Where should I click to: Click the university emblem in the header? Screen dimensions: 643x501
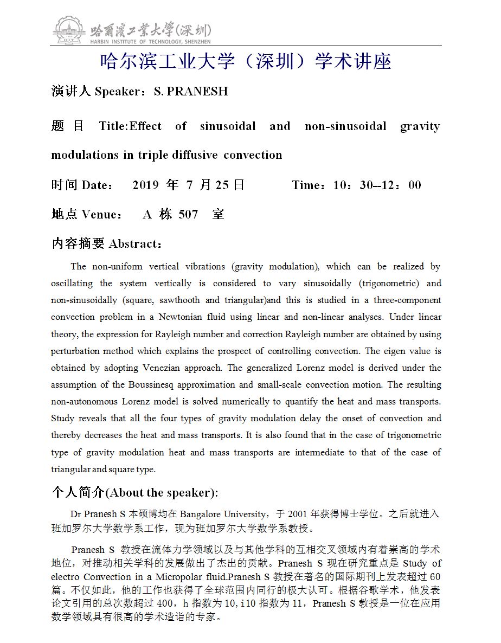(x=69, y=30)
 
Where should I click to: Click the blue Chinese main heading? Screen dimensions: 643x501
(x=246, y=62)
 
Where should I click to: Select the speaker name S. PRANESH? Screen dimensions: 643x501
(x=190, y=92)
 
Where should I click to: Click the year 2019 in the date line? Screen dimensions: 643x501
(x=145, y=185)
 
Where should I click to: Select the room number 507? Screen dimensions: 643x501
(x=188, y=215)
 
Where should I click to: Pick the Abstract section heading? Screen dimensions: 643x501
(x=107, y=244)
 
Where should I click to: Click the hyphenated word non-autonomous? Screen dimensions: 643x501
(x=89, y=401)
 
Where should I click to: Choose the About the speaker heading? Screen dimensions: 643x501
(x=135, y=492)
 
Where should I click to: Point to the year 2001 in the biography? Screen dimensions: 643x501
(x=298, y=514)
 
